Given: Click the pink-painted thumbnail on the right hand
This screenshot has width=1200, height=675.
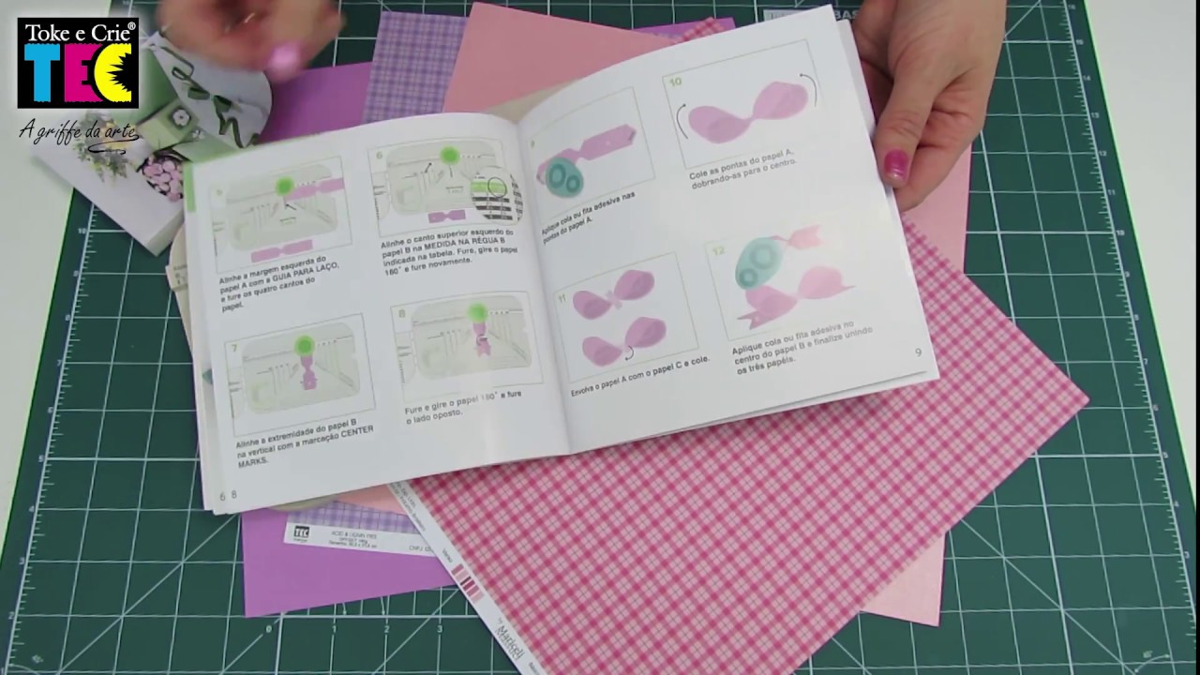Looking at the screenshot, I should pyautogui.click(x=895, y=166).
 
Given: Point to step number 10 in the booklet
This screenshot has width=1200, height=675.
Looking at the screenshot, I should pyautogui.click(x=674, y=82).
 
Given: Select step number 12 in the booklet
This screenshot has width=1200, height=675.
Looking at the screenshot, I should pyautogui.click(x=719, y=250).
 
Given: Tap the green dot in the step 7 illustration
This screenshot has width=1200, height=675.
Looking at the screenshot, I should pyautogui.click(x=303, y=345).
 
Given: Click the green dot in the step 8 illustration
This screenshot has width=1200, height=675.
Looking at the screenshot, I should pyautogui.click(x=477, y=312).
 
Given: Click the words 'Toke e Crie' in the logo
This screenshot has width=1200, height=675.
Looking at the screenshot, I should pyautogui.click(x=79, y=33).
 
